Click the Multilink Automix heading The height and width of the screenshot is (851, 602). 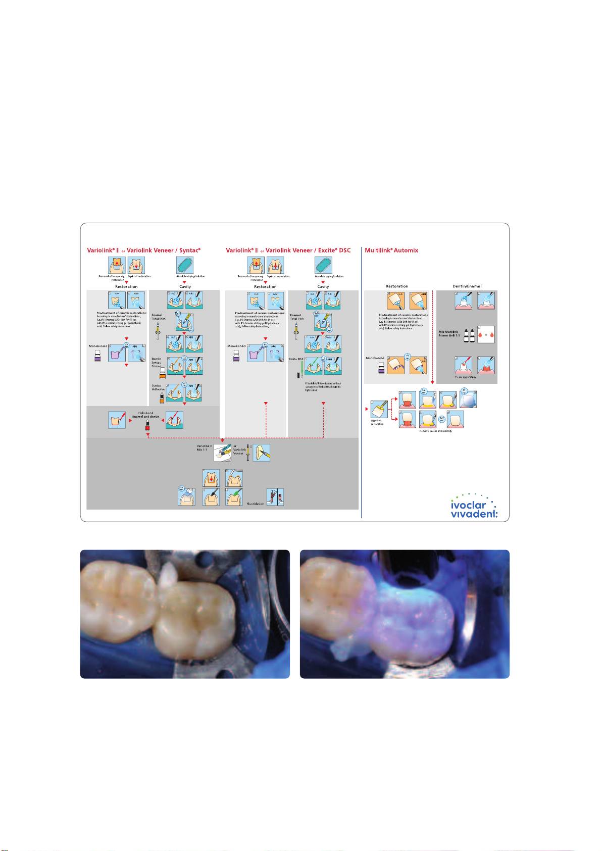point(391,251)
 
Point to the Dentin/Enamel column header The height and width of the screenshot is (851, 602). point(467,286)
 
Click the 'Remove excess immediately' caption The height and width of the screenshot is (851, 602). point(435,431)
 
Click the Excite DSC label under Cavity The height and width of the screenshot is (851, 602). point(295,359)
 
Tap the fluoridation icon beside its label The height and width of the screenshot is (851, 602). point(275,497)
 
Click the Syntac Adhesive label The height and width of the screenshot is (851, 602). point(158,388)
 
